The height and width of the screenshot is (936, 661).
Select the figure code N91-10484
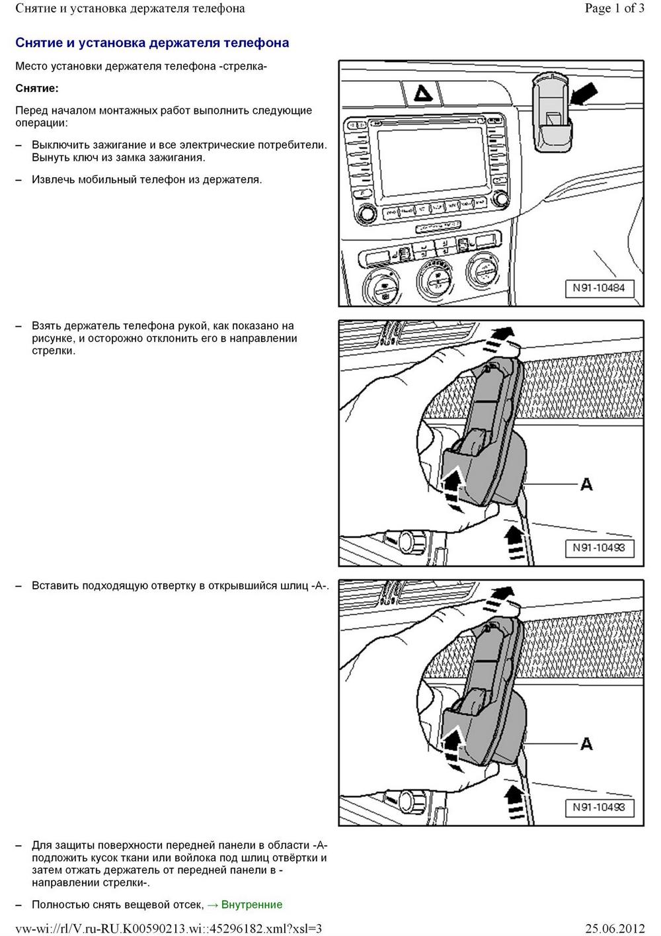598,288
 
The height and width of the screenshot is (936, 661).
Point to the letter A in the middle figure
586,485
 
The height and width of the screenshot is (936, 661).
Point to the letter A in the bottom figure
586,744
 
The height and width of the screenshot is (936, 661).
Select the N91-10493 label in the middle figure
598,548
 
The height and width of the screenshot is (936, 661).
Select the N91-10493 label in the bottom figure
598,807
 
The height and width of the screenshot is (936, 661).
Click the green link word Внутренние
252,904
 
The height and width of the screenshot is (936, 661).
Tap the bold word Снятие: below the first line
37,88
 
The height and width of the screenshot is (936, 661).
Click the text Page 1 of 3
614,9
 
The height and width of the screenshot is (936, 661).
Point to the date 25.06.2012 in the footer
614,928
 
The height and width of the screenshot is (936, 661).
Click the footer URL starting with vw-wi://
169,928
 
